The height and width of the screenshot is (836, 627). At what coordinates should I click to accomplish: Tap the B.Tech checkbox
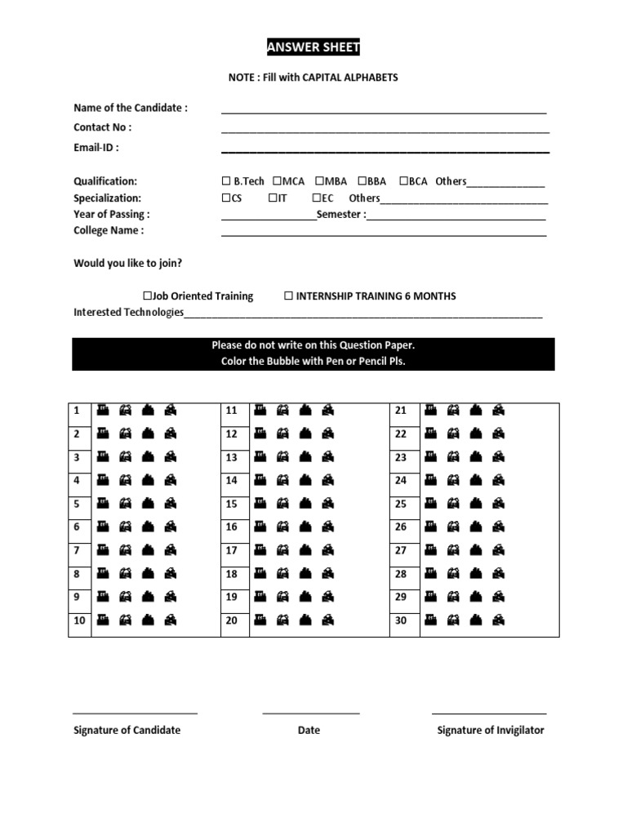click(x=225, y=181)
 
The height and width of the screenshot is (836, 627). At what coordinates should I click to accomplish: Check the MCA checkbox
click(x=277, y=181)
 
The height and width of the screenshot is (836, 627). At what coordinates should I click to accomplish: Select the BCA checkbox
click(x=403, y=181)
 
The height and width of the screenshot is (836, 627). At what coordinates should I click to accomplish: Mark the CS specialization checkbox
click(x=225, y=198)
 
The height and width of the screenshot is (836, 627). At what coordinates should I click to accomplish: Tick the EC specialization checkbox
click(x=316, y=198)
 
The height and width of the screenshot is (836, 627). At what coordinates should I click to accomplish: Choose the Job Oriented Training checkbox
click(x=148, y=296)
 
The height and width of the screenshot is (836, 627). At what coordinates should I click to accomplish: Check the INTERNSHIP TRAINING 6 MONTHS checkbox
click(x=288, y=296)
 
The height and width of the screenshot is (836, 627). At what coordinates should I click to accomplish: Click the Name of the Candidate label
click(x=131, y=108)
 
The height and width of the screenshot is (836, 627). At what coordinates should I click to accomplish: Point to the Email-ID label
click(x=96, y=148)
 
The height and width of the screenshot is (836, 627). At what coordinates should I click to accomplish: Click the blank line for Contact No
click(x=385, y=131)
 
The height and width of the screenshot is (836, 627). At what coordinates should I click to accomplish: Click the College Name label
click(x=109, y=230)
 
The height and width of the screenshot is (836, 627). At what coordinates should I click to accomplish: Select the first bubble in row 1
click(x=103, y=411)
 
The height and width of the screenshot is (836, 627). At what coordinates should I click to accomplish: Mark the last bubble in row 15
click(x=327, y=504)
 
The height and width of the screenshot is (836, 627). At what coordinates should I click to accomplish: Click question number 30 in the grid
click(x=400, y=620)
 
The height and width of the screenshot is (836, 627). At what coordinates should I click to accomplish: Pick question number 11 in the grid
click(x=232, y=411)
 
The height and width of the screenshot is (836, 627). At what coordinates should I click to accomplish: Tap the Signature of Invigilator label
click(x=490, y=730)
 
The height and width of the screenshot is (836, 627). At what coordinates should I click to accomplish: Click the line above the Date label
click(x=310, y=714)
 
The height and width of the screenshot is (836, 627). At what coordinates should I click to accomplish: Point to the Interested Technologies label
click(x=128, y=313)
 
